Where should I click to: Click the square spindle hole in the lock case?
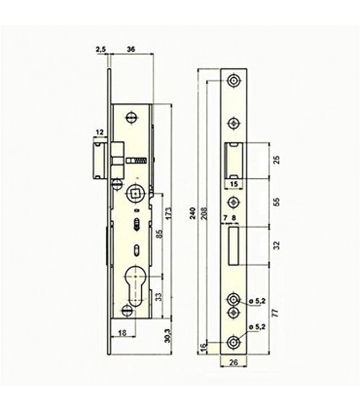[134, 190]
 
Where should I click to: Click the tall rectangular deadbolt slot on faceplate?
[234, 246]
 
